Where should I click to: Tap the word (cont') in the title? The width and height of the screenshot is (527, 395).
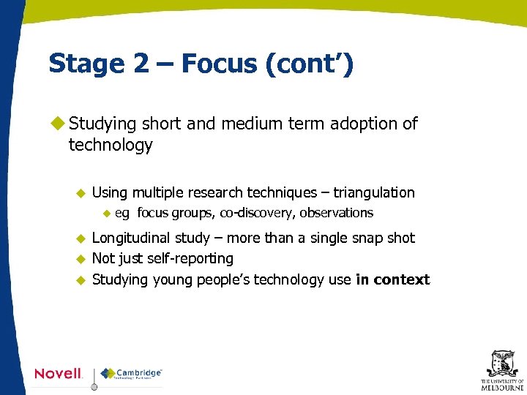click(310, 64)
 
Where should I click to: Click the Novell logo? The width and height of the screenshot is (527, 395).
click(59, 374)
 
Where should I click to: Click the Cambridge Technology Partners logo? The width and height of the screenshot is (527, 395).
click(132, 374)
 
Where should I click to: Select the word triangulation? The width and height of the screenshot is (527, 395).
click(374, 193)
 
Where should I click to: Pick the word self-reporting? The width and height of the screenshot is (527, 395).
click(193, 259)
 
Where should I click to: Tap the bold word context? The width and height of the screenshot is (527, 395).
click(402, 279)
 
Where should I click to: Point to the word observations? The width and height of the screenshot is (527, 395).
click(337, 214)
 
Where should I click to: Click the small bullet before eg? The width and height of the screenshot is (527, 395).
click(105, 214)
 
